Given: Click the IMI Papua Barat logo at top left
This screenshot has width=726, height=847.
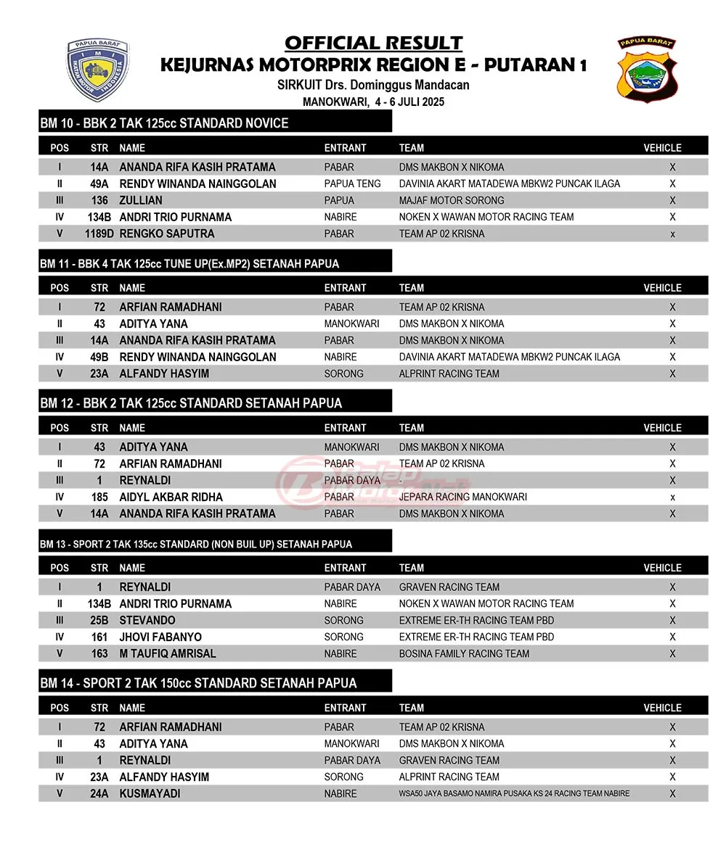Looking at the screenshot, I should (x=98, y=69).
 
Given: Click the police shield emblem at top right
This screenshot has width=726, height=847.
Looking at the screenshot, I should (x=647, y=69).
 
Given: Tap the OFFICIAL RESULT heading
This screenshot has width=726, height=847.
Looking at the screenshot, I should (x=373, y=44).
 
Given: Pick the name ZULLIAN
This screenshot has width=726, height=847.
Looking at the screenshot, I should (x=141, y=200).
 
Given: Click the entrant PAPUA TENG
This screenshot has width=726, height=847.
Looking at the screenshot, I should (x=352, y=183).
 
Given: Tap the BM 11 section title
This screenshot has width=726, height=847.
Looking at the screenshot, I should (x=189, y=263).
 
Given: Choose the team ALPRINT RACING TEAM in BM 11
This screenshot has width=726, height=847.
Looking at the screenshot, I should (x=449, y=373).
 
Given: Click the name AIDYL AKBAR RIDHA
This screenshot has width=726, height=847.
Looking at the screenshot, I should (x=171, y=497).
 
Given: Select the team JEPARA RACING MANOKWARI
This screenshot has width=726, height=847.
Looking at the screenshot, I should (x=462, y=497).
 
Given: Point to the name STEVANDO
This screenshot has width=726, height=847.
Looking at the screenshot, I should (x=147, y=620).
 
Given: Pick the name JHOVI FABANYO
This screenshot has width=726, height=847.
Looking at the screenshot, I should (x=160, y=637).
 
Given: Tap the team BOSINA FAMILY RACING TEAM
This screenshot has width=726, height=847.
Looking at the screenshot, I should (x=464, y=653).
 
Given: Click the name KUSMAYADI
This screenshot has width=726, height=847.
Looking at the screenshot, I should (x=150, y=793).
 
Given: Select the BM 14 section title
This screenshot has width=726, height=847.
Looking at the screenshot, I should (x=198, y=683).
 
